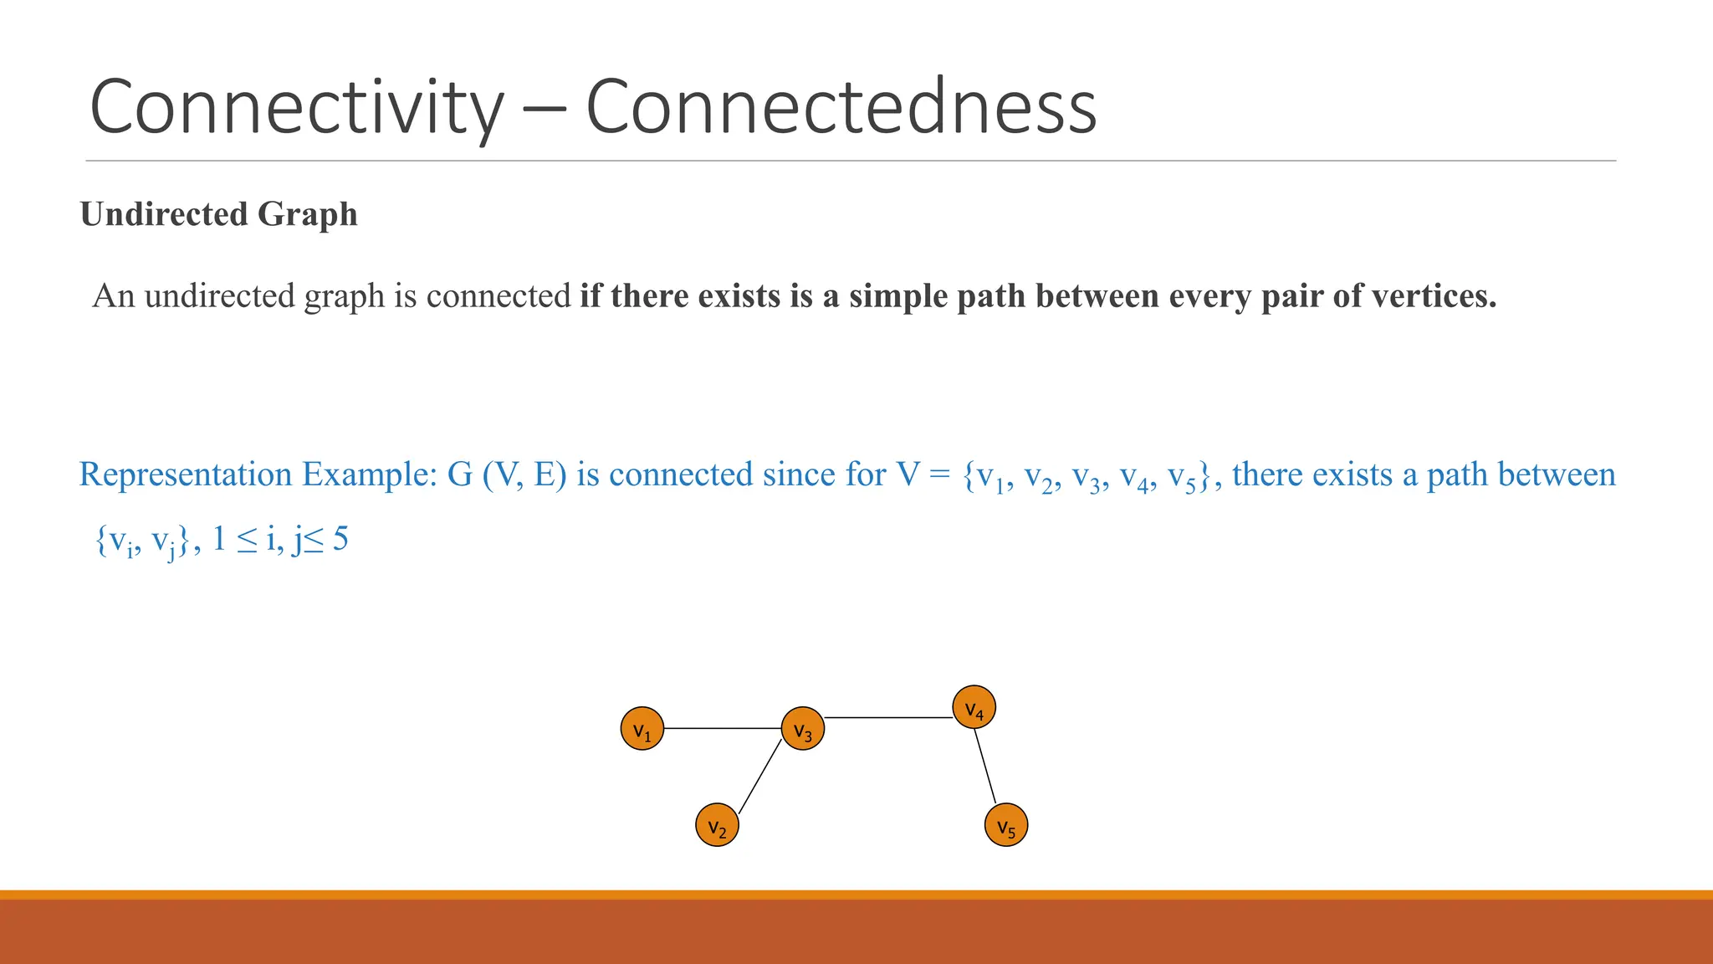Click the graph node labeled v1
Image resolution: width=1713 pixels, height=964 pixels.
pos(642,729)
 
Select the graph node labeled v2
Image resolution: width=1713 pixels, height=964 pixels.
pos(717,825)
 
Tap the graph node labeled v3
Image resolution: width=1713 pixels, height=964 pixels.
pos(802,729)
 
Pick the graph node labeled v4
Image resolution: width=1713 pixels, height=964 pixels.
pos(974,708)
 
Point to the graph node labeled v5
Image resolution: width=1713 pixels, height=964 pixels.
pos(1006,825)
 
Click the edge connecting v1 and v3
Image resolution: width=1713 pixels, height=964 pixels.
pos(722,729)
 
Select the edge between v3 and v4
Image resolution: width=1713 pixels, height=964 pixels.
pos(888,718)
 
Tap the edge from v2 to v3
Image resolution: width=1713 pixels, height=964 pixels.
pos(759,777)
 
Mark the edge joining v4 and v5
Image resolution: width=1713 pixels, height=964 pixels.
pos(985,766)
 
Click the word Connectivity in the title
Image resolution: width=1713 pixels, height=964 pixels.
pos(297,107)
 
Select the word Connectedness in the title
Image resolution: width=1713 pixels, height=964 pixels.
pos(841,107)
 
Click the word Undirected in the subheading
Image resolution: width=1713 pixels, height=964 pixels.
pos(164,214)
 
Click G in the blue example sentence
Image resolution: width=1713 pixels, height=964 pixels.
pos(460,474)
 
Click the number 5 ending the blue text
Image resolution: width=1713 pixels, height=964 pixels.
pos(340,539)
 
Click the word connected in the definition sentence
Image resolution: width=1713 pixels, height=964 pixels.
pos(499,296)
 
